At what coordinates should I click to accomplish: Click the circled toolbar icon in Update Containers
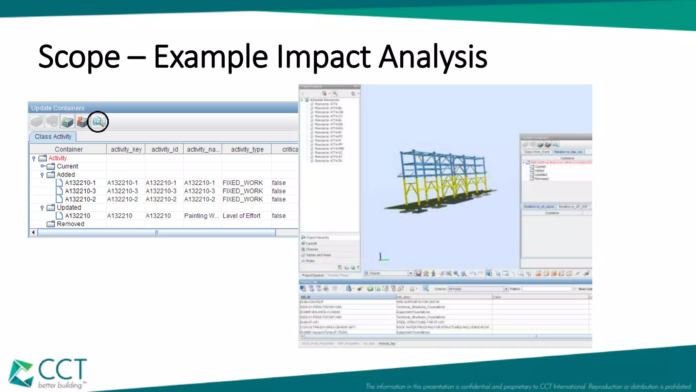[x=98, y=121]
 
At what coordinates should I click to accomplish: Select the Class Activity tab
[x=53, y=136]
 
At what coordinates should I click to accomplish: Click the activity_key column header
[x=126, y=149]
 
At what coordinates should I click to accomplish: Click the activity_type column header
[x=247, y=149]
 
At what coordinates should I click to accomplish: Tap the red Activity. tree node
[x=58, y=158]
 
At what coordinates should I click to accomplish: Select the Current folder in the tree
[x=67, y=166]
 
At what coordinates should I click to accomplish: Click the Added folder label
[x=66, y=175]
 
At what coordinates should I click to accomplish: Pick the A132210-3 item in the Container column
[x=80, y=191]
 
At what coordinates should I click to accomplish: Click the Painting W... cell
[x=201, y=216]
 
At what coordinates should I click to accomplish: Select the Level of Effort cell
[x=241, y=216]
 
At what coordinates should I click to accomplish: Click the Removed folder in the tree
[x=70, y=224]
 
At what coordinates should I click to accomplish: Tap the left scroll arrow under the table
[x=33, y=232]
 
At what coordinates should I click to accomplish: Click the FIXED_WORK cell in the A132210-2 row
[x=243, y=199]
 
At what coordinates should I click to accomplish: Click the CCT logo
[x=48, y=373]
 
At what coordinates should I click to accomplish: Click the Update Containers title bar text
[x=58, y=108]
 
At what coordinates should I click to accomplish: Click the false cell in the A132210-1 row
[x=279, y=183]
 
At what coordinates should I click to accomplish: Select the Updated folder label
[x=69, y=208]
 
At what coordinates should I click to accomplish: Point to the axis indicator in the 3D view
[x=383, y=257]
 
